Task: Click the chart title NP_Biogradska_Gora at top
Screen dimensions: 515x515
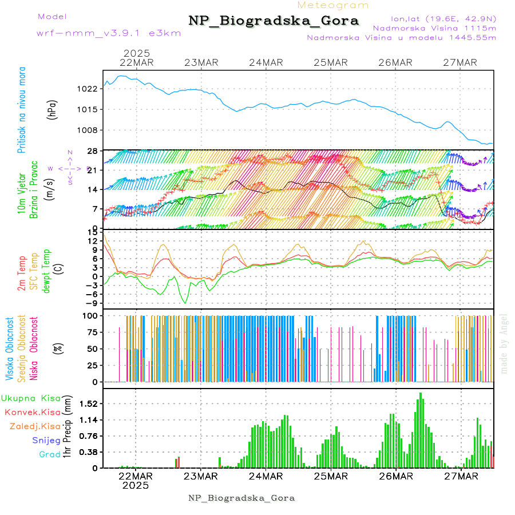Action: pyautogui.click(x=274, y=21)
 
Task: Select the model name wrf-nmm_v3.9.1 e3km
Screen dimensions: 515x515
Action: pyautogui.click(x=109, y=33)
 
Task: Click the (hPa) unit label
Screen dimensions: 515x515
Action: pyautogui.click(x=52, y=109)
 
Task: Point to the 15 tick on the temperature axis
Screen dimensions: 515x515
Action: pyautogui.click(x=92, y=231)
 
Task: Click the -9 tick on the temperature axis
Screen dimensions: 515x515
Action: pyautogui.click(x=91, y=303)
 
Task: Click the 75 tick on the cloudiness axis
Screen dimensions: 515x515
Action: pyautogui.click(x=91, y=332)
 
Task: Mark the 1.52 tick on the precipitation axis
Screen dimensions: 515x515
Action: pyautogui.click(x=88, y=403)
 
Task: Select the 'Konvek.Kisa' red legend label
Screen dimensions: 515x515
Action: pyautogui.click(x=33, y=412)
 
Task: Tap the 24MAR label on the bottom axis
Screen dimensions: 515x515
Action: pyautogui.click(x=266, y=476)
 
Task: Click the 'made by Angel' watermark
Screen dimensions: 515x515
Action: pyautogui.click(x=504, y=343)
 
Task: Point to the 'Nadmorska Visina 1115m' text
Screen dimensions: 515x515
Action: pyautogui.click(x=434, y=27)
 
